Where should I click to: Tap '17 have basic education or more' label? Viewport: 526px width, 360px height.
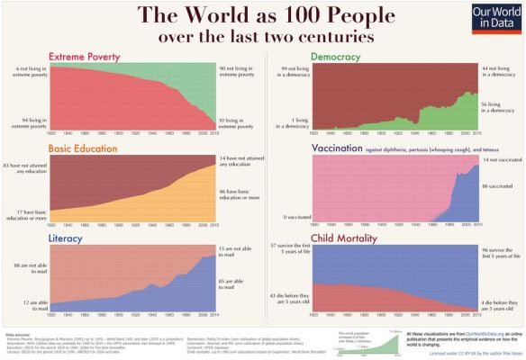point(25,213)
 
